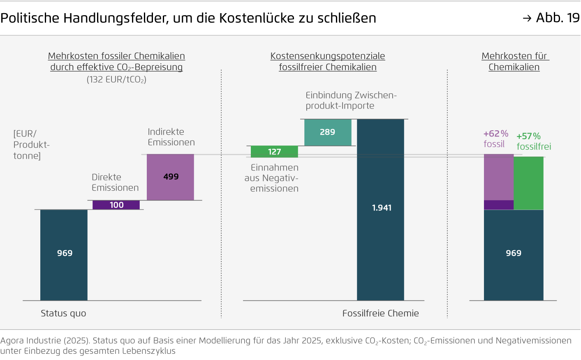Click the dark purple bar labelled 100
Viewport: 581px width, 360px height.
coord(116,205)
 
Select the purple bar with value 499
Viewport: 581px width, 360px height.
coord(170,177)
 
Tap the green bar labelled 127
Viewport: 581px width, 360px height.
coord(274,152)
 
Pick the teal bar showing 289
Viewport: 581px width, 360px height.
coord(328,132)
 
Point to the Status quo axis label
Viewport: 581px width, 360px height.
coord(63,313)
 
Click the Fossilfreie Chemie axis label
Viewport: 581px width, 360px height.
coord(380,313)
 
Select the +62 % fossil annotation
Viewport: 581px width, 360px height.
coord(495,139)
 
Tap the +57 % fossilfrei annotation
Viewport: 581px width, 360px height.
coord(533,141)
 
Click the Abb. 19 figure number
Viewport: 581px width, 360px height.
coord(557,18)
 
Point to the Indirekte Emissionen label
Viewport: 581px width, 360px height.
coord(171,137)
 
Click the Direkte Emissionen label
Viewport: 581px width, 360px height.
coord(115,182)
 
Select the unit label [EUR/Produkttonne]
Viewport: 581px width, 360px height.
coord(31,145)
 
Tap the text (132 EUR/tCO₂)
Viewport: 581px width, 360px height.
coord(116,80)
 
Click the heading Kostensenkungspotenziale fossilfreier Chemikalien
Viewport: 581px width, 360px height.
coord(328,62)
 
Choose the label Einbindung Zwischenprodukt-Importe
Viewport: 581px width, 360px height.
coord(351,100)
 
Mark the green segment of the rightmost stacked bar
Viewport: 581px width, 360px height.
coord(528,183)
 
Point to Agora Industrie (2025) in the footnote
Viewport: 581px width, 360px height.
coord(44,341)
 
